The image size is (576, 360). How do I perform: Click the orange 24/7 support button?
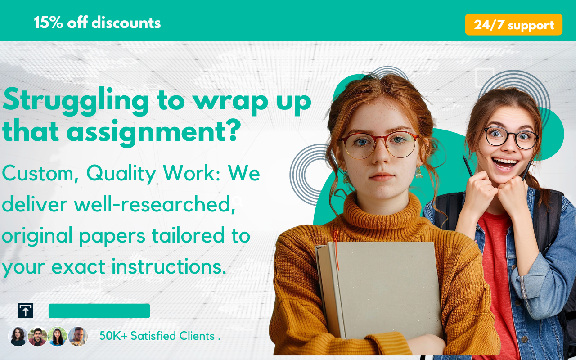click(513, 24)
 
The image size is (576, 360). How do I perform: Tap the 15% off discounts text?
click(97, 22)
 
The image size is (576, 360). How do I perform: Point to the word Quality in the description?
click(121, 174)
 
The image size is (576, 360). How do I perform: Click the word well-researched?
click(154, 205)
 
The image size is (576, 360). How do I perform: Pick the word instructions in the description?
click(169, 267)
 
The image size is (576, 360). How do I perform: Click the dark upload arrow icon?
click(26, 310)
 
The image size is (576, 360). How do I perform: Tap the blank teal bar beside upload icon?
click(99, 310)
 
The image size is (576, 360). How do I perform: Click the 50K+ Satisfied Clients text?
click(159, 336)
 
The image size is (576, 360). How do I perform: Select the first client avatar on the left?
click(18, 336)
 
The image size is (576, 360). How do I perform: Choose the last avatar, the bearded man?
click(78, 336)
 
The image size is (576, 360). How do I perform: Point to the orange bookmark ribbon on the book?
click(336, 249)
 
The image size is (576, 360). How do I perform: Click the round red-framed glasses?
click(378, 145)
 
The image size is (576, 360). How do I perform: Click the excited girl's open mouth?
click(504, 164)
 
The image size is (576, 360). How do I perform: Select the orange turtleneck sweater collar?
click(382, 211)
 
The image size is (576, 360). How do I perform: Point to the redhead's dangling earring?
click(419, 172)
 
